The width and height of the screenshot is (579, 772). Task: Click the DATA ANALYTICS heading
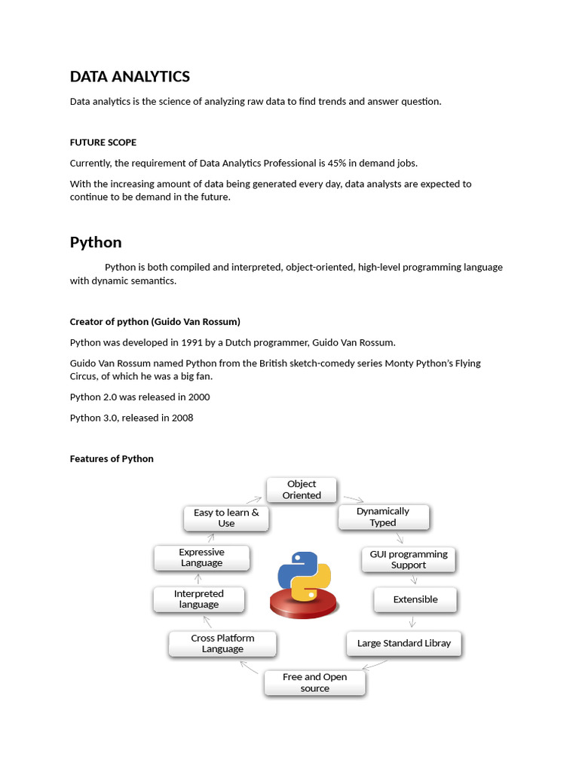point(130,77)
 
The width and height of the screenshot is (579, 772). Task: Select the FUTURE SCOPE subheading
point(103,142)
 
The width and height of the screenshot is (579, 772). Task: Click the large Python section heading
point(96,242)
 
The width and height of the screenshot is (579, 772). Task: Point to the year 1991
point(191,342)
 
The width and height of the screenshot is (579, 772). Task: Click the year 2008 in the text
point(182,418)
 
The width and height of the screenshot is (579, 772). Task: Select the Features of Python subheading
point(112,458)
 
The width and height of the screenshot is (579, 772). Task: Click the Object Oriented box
point(302,490)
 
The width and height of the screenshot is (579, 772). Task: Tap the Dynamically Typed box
point(383,517)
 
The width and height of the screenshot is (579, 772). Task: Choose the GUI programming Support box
point(408,559)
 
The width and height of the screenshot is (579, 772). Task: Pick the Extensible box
point(415,599)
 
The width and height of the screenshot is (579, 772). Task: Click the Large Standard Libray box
point(404,644)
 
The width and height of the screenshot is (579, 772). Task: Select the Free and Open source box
point(315,683)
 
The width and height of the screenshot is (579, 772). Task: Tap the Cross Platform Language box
point(222,644)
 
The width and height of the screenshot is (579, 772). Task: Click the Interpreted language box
point(199,599)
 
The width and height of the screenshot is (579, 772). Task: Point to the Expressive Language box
point(201,558)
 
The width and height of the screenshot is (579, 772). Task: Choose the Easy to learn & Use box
point(226,518)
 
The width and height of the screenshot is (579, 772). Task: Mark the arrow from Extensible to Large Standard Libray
point(412,622)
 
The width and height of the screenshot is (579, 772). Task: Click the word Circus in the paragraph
point(85,376)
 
